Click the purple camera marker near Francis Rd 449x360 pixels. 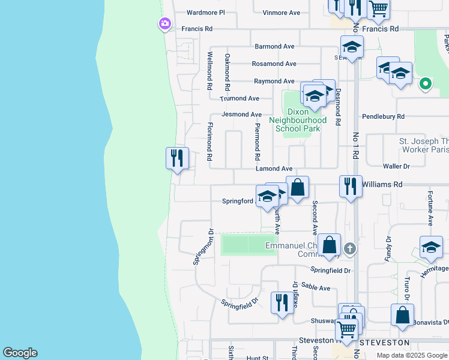point(164,24)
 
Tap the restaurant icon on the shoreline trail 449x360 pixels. point(177,158)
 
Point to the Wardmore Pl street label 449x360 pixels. point(205,12)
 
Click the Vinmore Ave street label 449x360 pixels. point(281,12)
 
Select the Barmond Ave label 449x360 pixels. point(274,46)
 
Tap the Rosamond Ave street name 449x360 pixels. point(274,64)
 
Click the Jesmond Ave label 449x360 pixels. point(242,114)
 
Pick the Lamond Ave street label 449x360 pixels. point(274,169)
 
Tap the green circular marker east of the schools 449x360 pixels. point(426,83)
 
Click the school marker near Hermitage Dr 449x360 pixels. point(431,247)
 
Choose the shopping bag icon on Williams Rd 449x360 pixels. point(297,187)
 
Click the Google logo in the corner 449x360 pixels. point(20,353)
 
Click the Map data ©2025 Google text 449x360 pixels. point(412,355)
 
